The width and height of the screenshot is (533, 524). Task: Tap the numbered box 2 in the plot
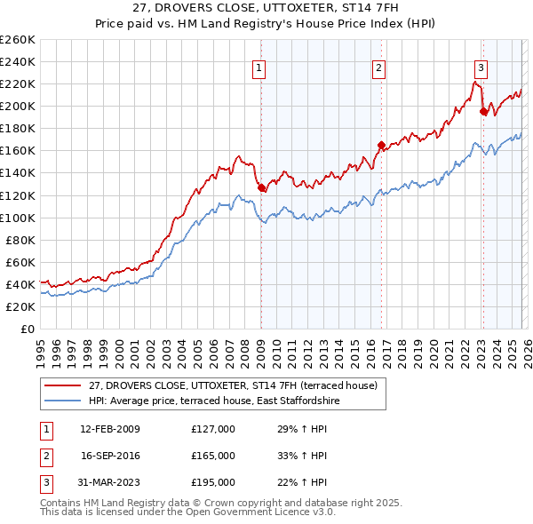point(378,67)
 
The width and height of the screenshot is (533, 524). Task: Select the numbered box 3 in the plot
point(481,67)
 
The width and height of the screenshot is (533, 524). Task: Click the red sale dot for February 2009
point(261,187)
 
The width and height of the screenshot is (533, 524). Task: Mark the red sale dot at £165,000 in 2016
point(381,145)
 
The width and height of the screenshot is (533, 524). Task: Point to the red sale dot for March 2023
point(483,111)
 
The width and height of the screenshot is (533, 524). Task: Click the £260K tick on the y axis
point(18,40)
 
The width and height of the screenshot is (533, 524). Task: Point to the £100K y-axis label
point(18,218)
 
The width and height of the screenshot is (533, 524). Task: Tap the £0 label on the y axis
point(27,329)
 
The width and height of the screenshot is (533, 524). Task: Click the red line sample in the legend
point(62,385)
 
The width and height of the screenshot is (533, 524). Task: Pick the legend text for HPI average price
point(214,401)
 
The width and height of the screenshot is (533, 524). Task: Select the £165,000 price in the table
point(213,456)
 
